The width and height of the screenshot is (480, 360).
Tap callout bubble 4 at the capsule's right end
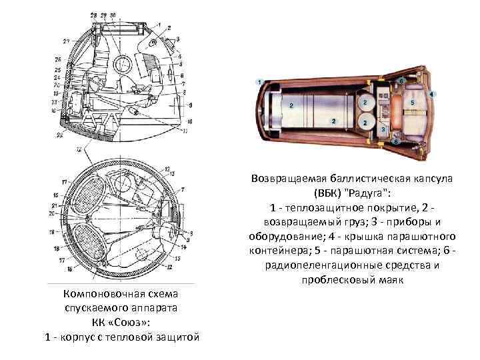[x=432, y=94]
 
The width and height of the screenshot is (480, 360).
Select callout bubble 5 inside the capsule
[x=413, y=103]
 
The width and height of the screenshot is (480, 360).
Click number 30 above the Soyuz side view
[x=113, y=14]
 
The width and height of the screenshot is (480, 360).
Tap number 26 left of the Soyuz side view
[x=58, y=61]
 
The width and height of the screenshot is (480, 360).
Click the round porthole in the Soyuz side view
[x=123, y=65]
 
